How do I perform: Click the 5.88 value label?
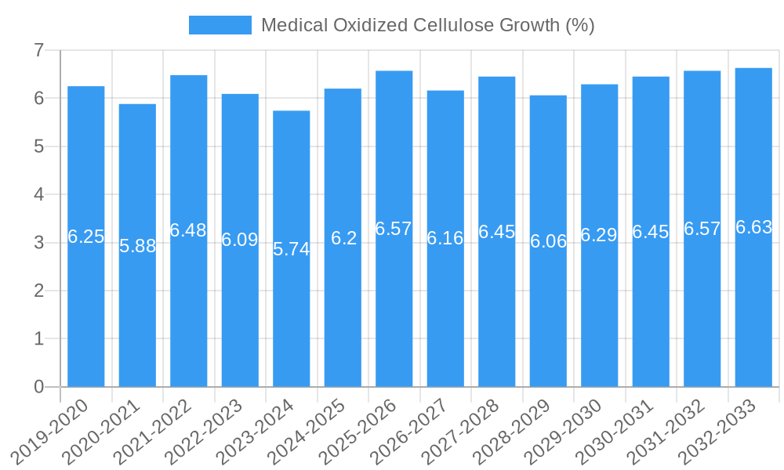coord(137,246)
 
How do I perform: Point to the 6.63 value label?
coord(753,227)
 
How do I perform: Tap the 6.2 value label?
coord(343,238)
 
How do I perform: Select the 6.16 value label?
coord(445,238)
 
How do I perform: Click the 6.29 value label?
coord(599,235)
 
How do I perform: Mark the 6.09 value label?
coord(240,240)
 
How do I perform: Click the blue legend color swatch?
coord(220,25)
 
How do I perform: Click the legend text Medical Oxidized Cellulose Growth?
coord(427,25)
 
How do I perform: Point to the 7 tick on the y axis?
coord(38,50)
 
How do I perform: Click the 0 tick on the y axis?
coord(38,387)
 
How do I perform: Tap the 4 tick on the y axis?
coord(38,194)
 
